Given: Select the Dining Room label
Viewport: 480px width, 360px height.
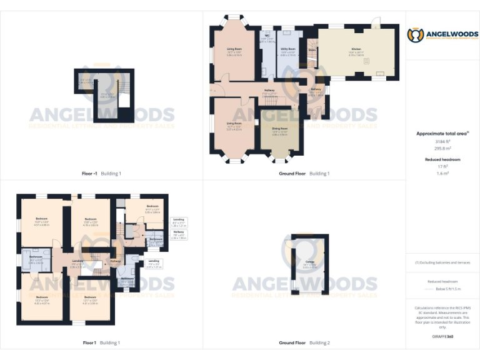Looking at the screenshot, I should (279, 132).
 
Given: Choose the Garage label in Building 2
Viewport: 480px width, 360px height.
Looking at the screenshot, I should (309, 262).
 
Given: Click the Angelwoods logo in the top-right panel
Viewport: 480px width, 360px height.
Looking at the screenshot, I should (442, 36).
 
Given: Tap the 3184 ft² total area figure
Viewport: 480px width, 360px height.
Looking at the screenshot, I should (442, 142).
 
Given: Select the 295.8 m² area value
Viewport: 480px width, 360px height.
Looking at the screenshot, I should (442, 148).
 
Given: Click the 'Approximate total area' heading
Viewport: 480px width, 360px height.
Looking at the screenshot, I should (442, 134).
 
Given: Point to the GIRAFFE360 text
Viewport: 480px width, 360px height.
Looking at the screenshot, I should (442, 336).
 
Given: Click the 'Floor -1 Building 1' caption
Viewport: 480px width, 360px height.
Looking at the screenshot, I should (101, 173).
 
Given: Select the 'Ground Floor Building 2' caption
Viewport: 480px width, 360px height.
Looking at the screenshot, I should (304, 342).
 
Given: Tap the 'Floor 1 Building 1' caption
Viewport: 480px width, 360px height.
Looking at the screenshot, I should (101, 342).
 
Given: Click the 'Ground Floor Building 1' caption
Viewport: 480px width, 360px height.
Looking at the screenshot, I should (304, 173).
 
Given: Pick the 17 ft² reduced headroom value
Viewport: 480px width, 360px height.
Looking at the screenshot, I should (442, 166).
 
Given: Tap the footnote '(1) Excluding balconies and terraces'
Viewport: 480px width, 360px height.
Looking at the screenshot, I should (442, 262).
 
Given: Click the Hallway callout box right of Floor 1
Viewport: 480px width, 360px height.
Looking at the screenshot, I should (179, 234).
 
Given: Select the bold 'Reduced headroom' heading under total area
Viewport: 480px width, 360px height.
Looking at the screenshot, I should (442, 159).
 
